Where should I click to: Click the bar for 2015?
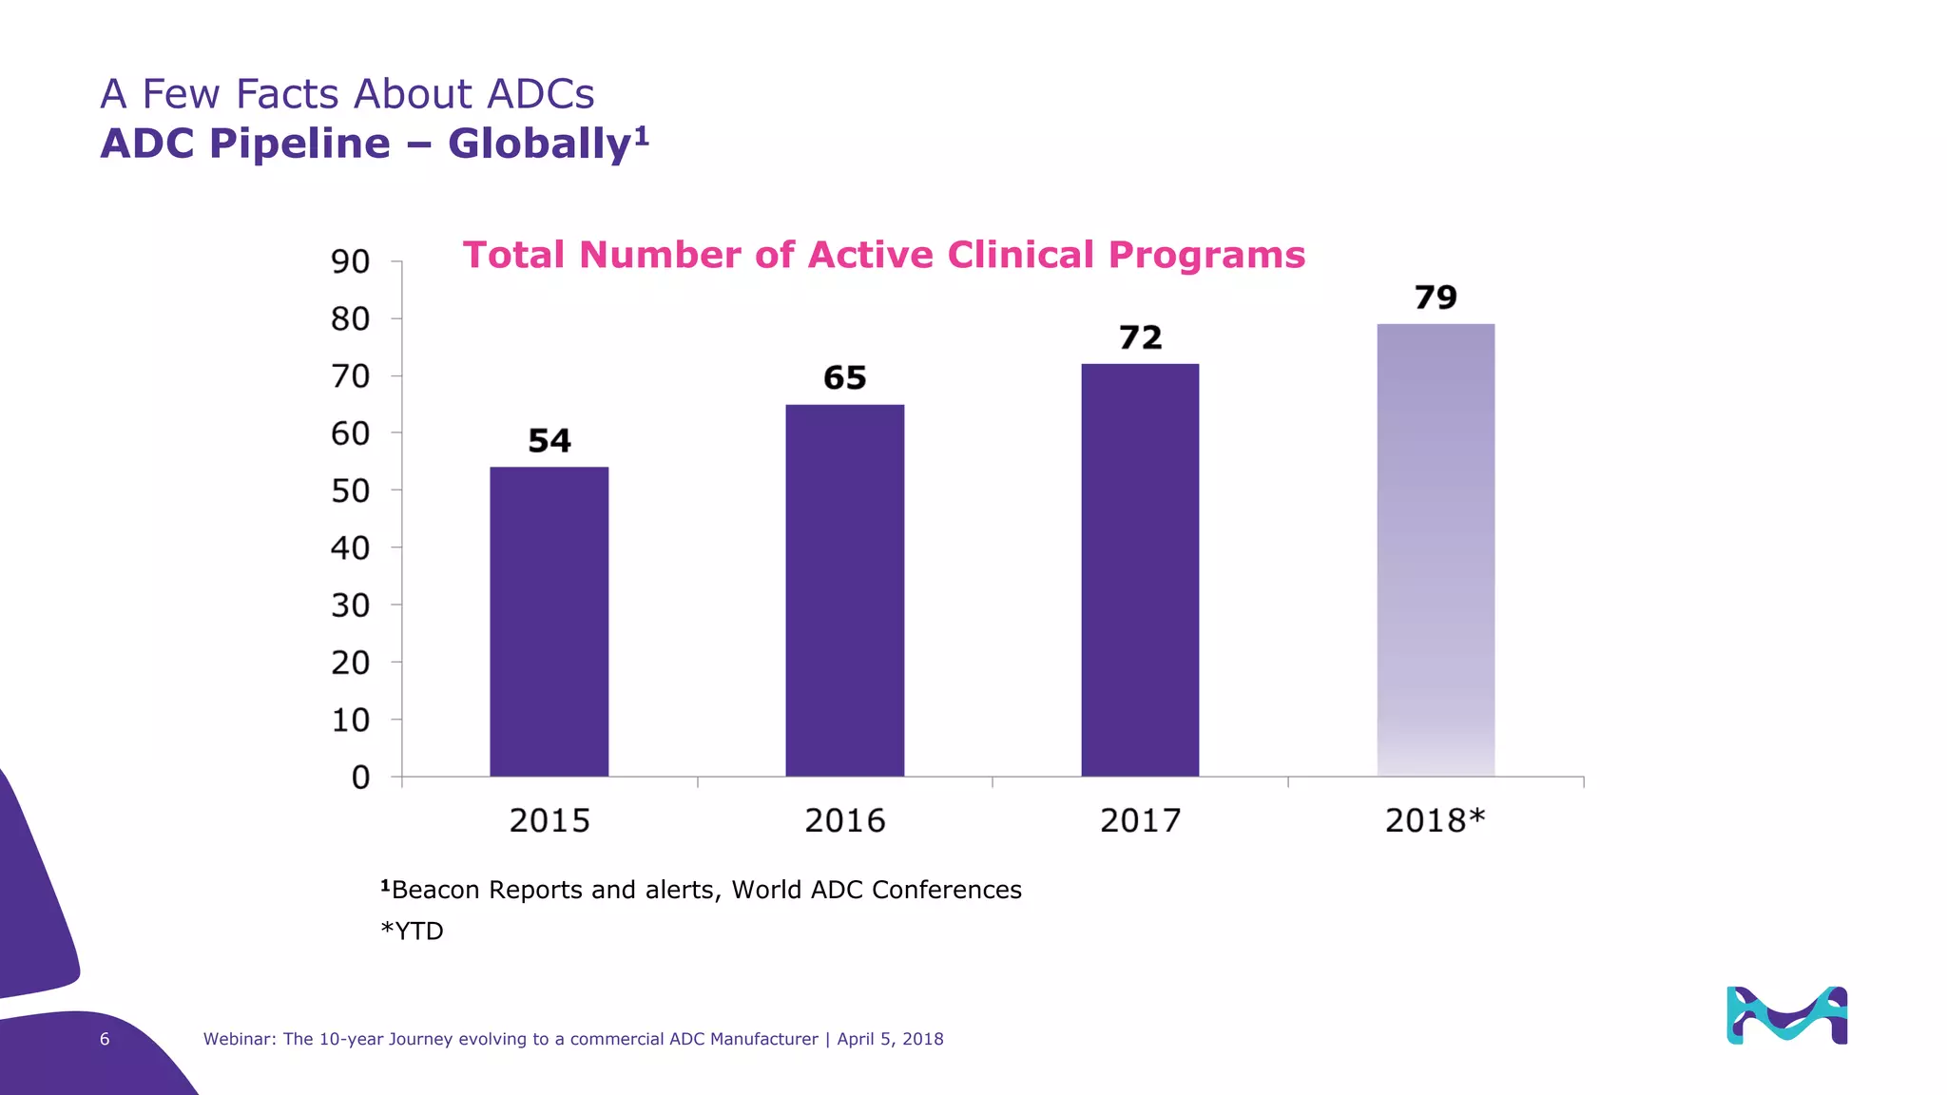pos(549,622)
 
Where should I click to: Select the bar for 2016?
pos(844,590)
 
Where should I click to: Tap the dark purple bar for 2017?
pos(1140,570)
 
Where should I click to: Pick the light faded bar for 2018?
pos(1436,550)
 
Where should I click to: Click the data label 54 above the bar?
pos(549,441)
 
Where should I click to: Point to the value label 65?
pos(844,378)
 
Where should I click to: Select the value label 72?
pos(1140,337)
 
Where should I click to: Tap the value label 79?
pos(1436,298)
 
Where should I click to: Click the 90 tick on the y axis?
pos(350,261)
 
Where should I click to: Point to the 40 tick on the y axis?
pos(350,548)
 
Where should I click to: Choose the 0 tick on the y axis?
pos(360,778)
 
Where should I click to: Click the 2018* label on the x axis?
pos(1435,820)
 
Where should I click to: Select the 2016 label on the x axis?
pos(844,820)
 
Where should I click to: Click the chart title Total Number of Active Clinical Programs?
pos(883,255)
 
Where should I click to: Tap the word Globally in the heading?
pos(539,144)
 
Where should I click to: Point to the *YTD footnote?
pos(413,931)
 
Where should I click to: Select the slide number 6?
pos(105,1039)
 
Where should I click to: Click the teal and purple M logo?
pos(1786,1015)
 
